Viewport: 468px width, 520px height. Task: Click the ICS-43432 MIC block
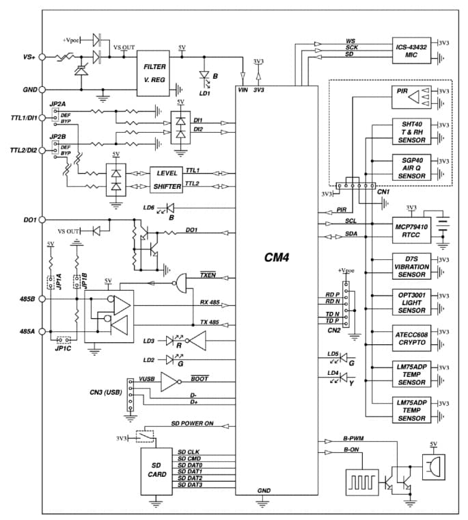(x=412, y=51)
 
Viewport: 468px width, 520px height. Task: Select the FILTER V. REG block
(x=154, y=73)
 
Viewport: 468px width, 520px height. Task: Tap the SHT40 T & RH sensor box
(x=412, y=132)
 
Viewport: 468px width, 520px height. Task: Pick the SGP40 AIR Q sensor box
(x=412, y=167)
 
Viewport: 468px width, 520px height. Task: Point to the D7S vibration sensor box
(x=412, y=266)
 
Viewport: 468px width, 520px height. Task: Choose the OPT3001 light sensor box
(x=412, y=302)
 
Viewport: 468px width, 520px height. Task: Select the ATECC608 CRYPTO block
(x=412, y=337)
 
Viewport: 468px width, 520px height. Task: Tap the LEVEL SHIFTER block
(x=166, y=180)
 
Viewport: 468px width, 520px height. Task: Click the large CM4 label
(x=277, y=258)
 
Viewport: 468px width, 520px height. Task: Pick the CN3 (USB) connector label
(x=105, y=392)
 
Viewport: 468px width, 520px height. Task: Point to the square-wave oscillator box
(x=361, y=480)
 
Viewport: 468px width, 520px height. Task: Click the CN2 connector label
(x=334, y=330)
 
